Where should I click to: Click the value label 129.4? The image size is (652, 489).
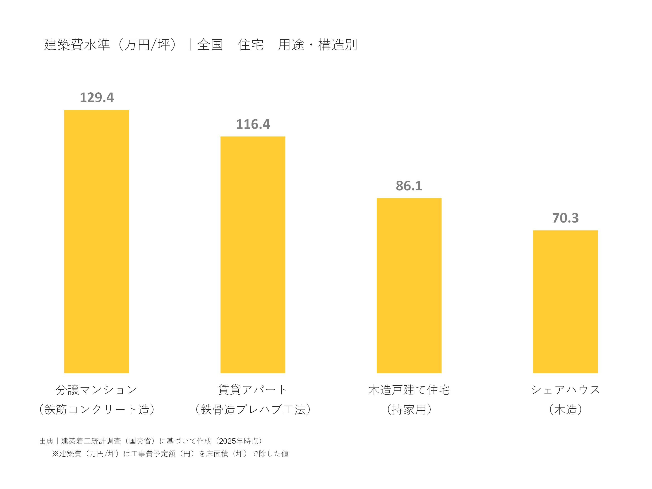pos(97,98)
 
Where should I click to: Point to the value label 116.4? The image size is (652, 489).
pos(253,124)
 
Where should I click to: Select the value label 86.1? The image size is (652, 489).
pos(409,186)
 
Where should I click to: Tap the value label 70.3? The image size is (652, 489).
pos(565,218)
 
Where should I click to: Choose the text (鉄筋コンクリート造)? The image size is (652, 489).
pos(97,409)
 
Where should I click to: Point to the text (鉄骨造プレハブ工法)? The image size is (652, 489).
pos(253,409)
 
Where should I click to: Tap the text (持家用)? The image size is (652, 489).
pos(409,409)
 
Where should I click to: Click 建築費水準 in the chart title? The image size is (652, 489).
pos(77,45)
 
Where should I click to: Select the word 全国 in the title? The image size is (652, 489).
pos(210,45)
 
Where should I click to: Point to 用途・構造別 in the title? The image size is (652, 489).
pos(317,45)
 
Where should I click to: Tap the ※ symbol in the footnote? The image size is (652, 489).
pos(55,454)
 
